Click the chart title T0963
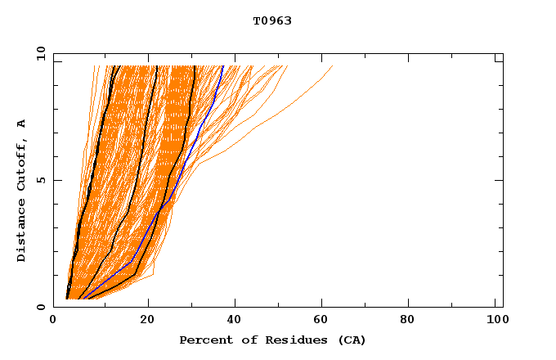point(272,20)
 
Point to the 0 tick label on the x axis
point(53,322)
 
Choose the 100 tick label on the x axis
point(495,322)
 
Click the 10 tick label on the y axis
point(40,54)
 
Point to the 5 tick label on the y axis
point(43,180)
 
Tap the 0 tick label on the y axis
point(43,307)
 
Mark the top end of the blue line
point(223,66)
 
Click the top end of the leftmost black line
point(119,66)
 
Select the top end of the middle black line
point(157,66)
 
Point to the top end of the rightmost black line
point(194,66)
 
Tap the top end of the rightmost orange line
point(333,66)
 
